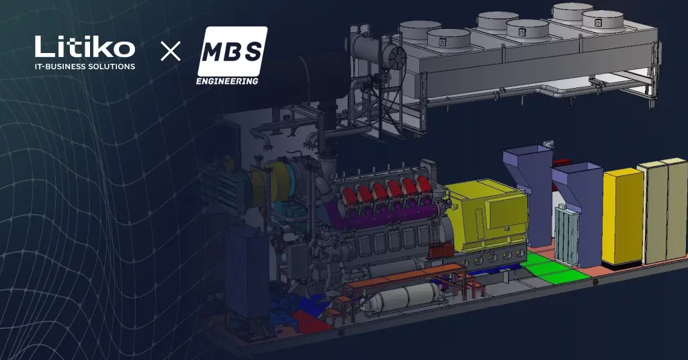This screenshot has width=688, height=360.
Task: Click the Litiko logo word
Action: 85,46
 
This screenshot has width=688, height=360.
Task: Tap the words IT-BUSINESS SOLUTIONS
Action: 85,66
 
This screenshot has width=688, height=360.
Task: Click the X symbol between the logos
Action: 171,51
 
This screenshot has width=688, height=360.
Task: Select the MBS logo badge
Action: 232,51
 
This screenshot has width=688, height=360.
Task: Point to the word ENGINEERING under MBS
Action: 227,81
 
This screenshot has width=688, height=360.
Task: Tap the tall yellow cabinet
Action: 623,218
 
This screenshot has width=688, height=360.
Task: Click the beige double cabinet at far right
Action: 663,210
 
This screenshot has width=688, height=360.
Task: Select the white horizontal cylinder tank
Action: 403,298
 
